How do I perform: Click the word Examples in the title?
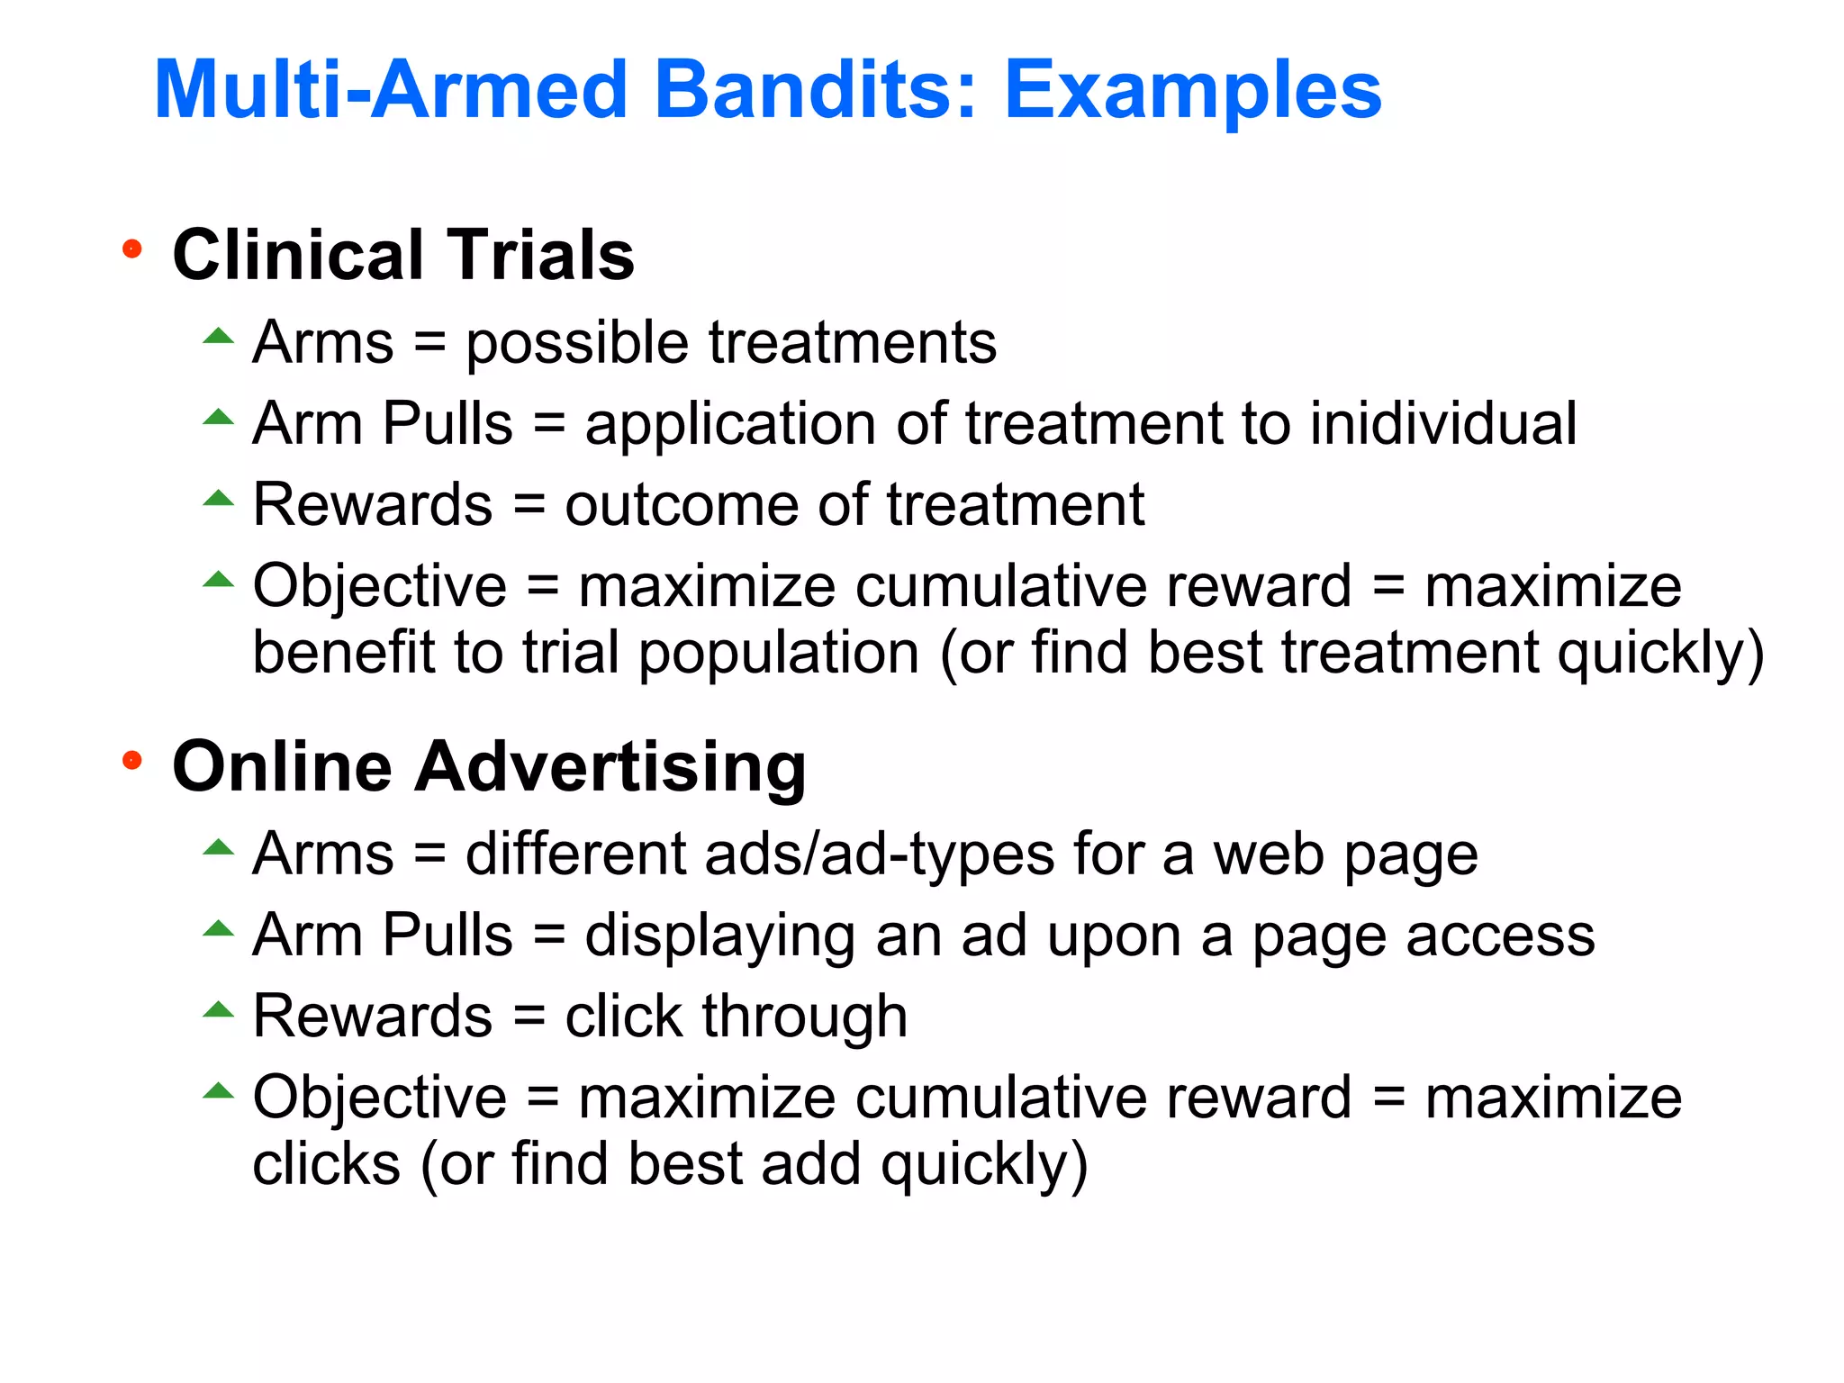1192,90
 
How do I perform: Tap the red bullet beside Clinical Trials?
132,249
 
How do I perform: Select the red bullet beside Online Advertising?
132,762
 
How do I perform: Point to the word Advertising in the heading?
610,767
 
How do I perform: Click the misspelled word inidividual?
1442,423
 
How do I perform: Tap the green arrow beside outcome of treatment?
218,499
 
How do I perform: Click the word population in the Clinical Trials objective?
779,652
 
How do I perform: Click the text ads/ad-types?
880,854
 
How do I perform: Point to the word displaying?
719,936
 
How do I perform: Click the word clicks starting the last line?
326,1164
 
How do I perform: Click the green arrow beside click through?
218,1010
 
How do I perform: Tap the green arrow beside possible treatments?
218,338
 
